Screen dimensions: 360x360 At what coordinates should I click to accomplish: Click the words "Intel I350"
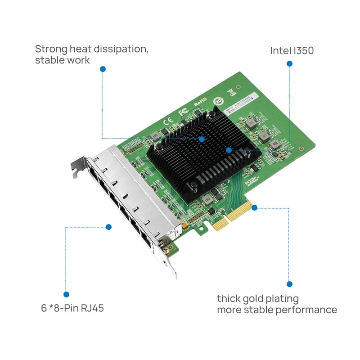(x=292, y=50)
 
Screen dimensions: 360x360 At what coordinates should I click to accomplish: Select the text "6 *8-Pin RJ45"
(x=72, y=309)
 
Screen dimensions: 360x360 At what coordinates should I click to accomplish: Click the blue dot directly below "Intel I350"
(x=289, y=64)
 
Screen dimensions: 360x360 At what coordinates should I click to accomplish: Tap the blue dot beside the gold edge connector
(x=254, y=207)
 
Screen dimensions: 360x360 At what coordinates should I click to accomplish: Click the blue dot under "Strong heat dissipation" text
(x=103, y=69)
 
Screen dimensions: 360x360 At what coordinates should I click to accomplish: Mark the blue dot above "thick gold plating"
(x=289, y=284)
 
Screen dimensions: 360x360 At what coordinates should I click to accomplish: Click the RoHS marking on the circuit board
(x=200, y=102)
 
